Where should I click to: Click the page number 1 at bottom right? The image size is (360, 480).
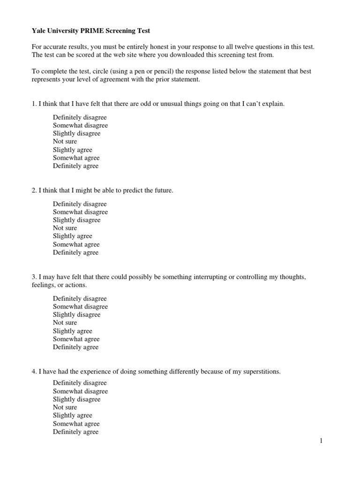click(321, 441)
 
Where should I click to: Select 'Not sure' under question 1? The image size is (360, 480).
click(65, 142)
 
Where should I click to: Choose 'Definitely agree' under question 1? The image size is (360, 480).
click(76, 166)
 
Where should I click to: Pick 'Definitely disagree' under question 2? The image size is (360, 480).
click(80, 204)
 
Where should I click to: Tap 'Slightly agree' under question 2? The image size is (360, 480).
click(73, 236)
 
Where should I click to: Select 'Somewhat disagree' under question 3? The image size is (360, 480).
click(80, 307)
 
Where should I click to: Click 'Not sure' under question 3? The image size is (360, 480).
click(65, 323)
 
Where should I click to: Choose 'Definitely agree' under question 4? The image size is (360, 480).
click(76, 432)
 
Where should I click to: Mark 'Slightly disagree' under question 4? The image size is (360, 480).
click(77, 399)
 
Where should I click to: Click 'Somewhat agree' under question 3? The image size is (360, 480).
click(76, 339)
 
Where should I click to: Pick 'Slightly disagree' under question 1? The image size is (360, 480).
click(77, 134)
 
